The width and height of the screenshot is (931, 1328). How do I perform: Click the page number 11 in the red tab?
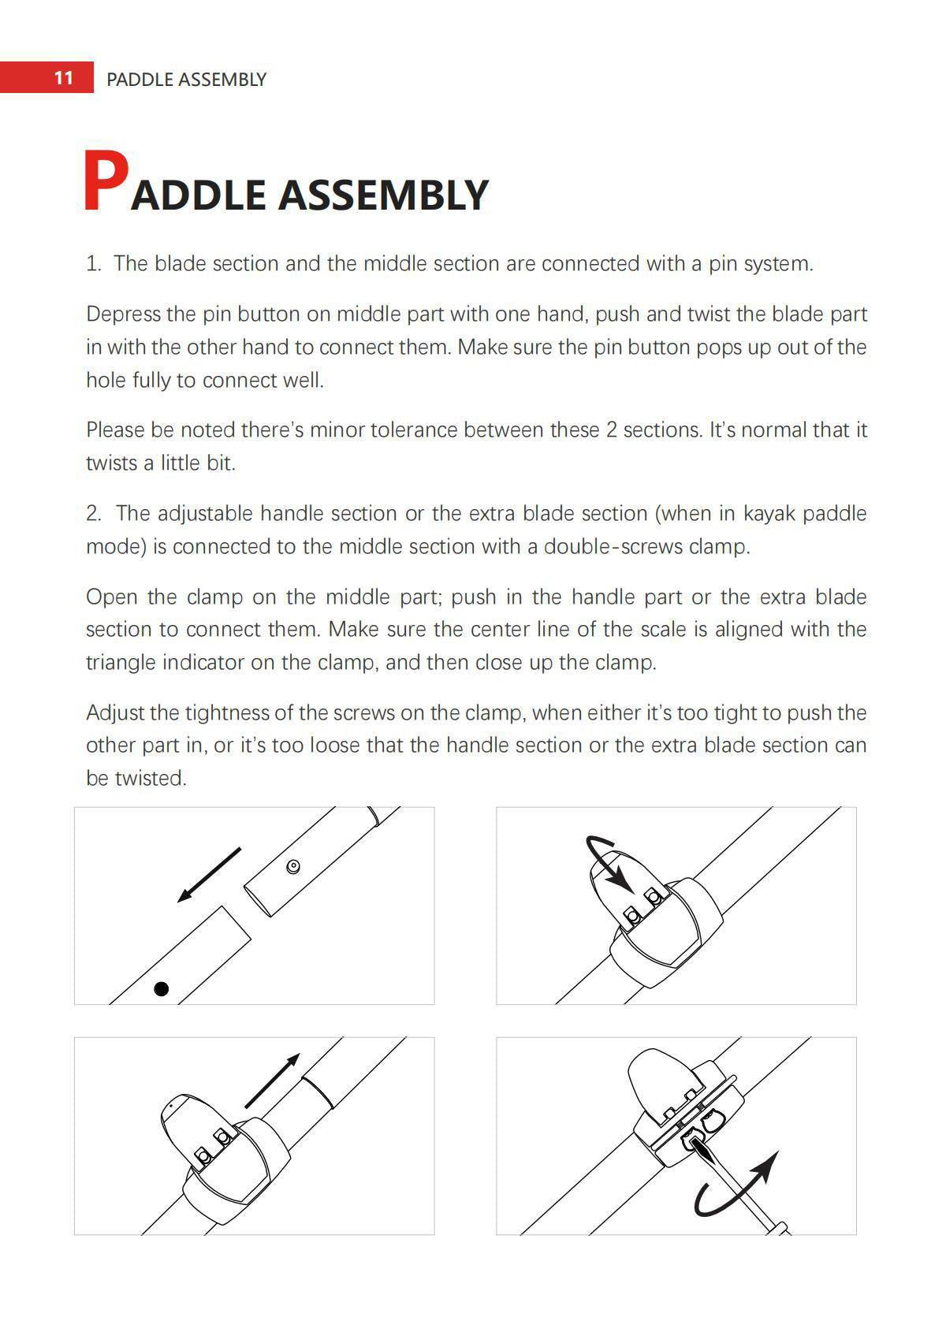[63, 78]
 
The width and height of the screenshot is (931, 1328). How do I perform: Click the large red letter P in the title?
[105, 182]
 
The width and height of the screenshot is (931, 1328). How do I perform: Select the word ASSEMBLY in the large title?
[383, 195]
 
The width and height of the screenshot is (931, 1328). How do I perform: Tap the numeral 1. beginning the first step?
[94, 264]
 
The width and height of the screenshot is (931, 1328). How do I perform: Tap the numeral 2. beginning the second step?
[94, 514]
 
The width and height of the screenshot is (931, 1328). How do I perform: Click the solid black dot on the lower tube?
[162, 988]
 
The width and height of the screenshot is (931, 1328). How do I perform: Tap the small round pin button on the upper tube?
[293, 867]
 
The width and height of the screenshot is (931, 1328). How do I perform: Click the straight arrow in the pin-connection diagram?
[209, 874]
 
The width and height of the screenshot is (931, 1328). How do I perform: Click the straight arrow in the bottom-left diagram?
[273, 1080]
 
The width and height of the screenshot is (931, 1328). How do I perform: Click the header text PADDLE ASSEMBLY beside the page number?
[186, 80]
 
